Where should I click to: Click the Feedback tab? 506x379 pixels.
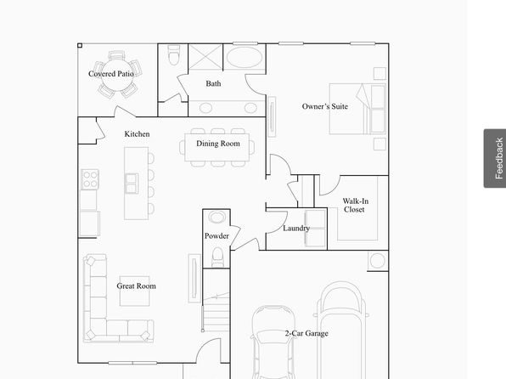click(495, 158)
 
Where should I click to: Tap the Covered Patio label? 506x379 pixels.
click(111, 74)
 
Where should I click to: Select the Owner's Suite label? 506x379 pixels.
click(324, 106)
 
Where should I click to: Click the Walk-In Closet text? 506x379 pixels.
click(355, 205)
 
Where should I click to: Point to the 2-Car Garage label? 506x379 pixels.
click(306, 333)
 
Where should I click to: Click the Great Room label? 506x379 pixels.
click(136, 286)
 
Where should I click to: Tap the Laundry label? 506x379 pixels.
click(296, 228)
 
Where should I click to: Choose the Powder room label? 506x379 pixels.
click(216, 236)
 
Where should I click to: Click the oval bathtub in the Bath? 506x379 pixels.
click(245, 57)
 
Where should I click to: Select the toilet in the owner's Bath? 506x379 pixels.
click(173, 55)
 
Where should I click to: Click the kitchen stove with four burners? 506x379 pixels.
click(90, 179)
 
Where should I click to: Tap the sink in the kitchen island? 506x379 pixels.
click(132, 184)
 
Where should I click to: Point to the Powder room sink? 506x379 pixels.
click(216, 217)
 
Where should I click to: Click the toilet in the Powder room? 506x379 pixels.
click(217, 257)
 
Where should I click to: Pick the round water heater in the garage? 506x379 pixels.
click(377, 260)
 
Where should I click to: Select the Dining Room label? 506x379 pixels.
click(218, 144)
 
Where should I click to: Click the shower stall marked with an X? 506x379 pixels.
click(205, 57)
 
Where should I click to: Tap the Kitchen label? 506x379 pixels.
click(138, 133)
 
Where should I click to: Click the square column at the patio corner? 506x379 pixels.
click(80, 46)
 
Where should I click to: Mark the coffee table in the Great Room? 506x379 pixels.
click(135, 291)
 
